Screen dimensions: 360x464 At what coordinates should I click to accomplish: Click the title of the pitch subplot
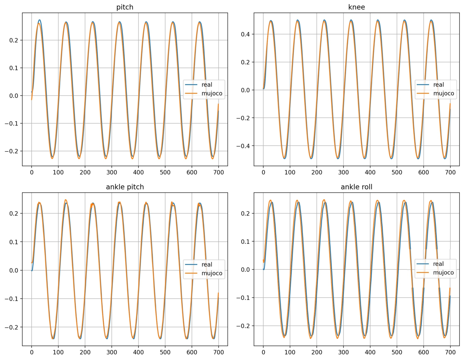tap(125, 7)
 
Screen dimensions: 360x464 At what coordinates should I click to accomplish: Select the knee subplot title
tap(356, 7)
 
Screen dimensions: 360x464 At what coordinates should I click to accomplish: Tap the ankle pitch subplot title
tap(125, 187)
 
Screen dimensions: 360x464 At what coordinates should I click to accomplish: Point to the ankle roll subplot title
tap(356, 187)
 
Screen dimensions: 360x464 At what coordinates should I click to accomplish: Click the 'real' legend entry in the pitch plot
tap(207, 85)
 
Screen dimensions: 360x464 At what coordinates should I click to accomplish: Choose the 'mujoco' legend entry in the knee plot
tap(444, 93)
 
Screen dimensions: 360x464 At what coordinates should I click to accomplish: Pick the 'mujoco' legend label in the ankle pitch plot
tap(212, 273)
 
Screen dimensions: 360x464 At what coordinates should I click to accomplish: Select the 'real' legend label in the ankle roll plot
tap(438, 264)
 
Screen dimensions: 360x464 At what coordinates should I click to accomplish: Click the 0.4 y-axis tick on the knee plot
tap(245, 34)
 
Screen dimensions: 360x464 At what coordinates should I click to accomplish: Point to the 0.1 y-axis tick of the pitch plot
tap(14, 68)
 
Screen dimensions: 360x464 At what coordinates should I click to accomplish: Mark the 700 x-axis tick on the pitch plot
tap(218, 172)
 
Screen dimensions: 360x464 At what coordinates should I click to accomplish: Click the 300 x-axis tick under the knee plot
tap(343, 172)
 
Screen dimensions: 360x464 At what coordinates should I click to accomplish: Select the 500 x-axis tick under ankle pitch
tap(165, 352)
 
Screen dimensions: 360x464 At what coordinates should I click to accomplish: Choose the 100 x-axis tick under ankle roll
tap(290, 352)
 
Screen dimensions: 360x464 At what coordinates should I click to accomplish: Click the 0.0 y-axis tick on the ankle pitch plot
tap(14, 270)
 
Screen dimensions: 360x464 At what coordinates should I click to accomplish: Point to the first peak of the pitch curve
tap(39, 20)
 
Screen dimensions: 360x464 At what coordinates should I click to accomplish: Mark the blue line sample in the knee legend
tap(423, 85)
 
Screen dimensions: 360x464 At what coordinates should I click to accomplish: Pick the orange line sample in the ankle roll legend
tap(423, 273)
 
